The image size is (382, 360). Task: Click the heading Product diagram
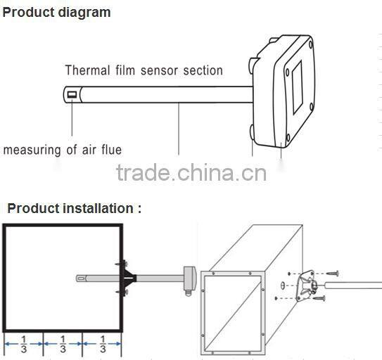click(x=56, y=13)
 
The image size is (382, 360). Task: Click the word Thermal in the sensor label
click(x=87, y=70)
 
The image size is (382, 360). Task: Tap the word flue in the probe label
click(x=112, y=150)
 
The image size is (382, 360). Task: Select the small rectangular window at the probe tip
click(x=72, y=94)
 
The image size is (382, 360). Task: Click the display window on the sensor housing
click(x=297, y=88)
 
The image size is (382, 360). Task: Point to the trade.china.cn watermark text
click(x=191, y=173)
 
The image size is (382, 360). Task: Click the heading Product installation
click(x=75, y=209)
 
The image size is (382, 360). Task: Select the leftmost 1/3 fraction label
click(x=24, y=344)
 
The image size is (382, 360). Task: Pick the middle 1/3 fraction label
click(x=63, y=344)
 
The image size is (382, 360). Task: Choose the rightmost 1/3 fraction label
click(x=103, y=344)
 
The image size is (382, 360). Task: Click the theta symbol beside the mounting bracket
click(x=283, y=285)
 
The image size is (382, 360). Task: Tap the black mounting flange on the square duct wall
click(x=127, y=278)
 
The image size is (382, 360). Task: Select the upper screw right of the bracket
click(x=332, y=274)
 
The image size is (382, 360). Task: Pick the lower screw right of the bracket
click(x=319, y=297)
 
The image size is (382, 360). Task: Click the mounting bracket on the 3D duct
click(x=307, y=285)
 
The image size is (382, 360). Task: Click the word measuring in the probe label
click(x=32, y=150)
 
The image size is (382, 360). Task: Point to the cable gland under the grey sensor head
click(x=188, y=292)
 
